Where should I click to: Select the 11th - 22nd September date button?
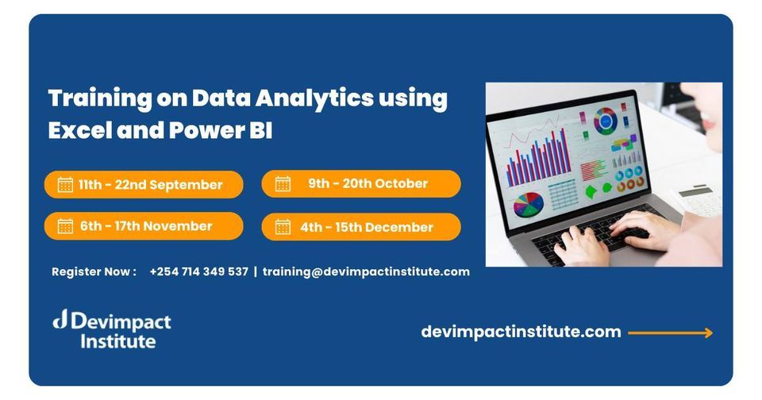[144, 185]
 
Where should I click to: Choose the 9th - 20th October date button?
[361, 183]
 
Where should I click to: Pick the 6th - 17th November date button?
[144, 226]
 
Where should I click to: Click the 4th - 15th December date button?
[361, 227]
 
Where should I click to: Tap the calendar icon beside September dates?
[65, 185]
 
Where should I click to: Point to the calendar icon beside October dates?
[283, 184]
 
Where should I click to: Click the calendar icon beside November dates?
[65, 226]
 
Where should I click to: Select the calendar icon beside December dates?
[283, 227]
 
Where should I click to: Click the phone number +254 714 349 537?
[198, 271]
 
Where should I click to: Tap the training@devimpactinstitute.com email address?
[366, 271]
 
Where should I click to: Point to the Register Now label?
[94, 271]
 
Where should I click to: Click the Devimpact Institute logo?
[112, 330]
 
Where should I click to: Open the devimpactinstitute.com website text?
[521, 332]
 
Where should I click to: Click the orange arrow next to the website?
[671, 333]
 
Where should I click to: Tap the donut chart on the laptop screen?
[606, 121]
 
